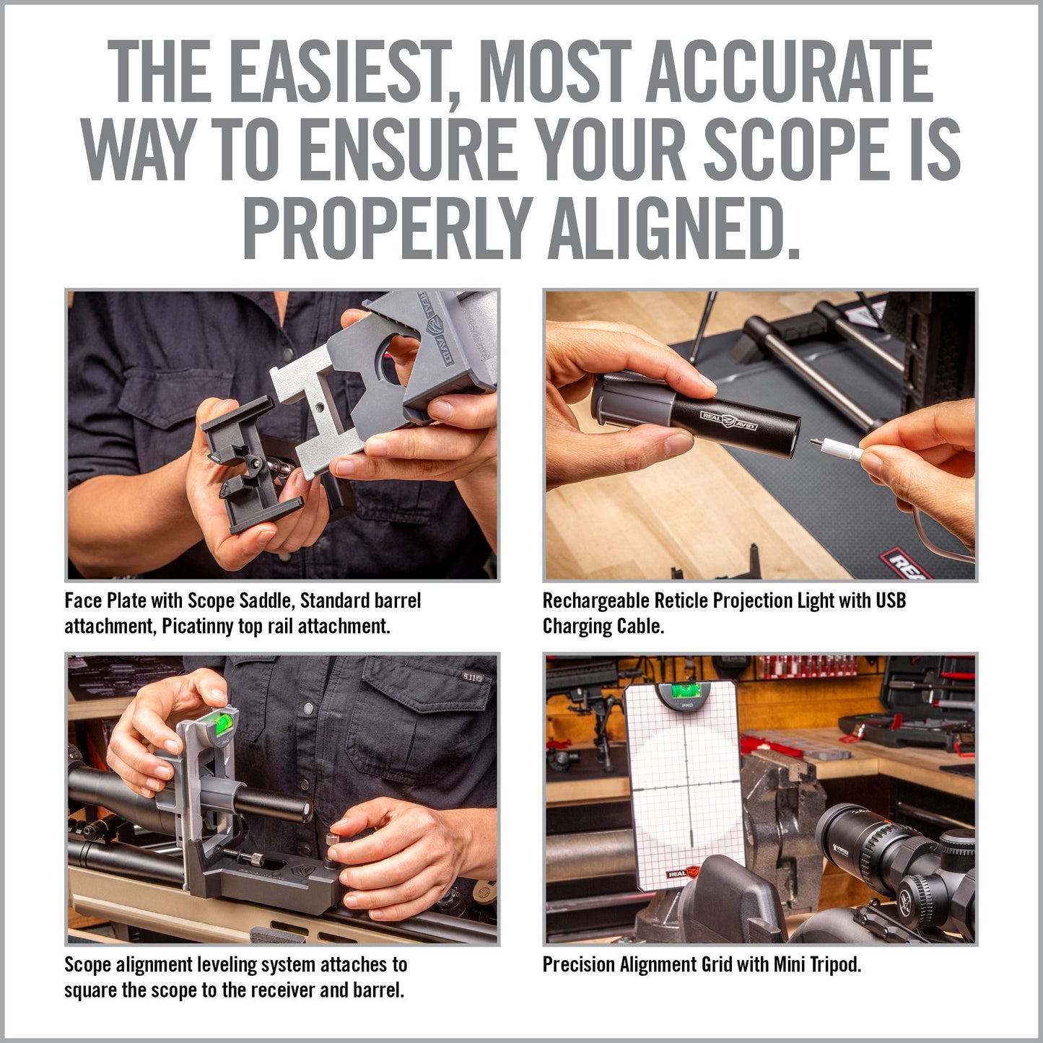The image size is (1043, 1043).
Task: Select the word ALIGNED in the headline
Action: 674,229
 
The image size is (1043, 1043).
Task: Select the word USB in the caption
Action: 890,601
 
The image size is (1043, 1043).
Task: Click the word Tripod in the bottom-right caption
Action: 834,964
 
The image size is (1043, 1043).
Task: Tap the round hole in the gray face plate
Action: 390,366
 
